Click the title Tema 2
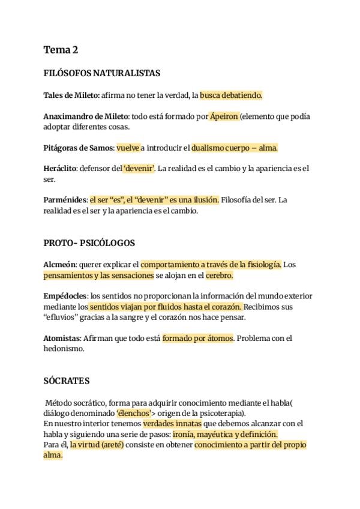coord(61,50)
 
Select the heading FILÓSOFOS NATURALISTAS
coord(101,73)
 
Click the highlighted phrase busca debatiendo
coord(231,95)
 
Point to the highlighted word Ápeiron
coord(224,116)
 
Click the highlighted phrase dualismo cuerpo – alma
coord(235,148)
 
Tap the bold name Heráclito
coord(60,169)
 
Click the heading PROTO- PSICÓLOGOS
coord(89,243)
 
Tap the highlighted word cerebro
coord(219,276)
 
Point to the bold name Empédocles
coord(65,296)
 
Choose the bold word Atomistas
coord(62,339)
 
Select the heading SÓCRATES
coord(67,381)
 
